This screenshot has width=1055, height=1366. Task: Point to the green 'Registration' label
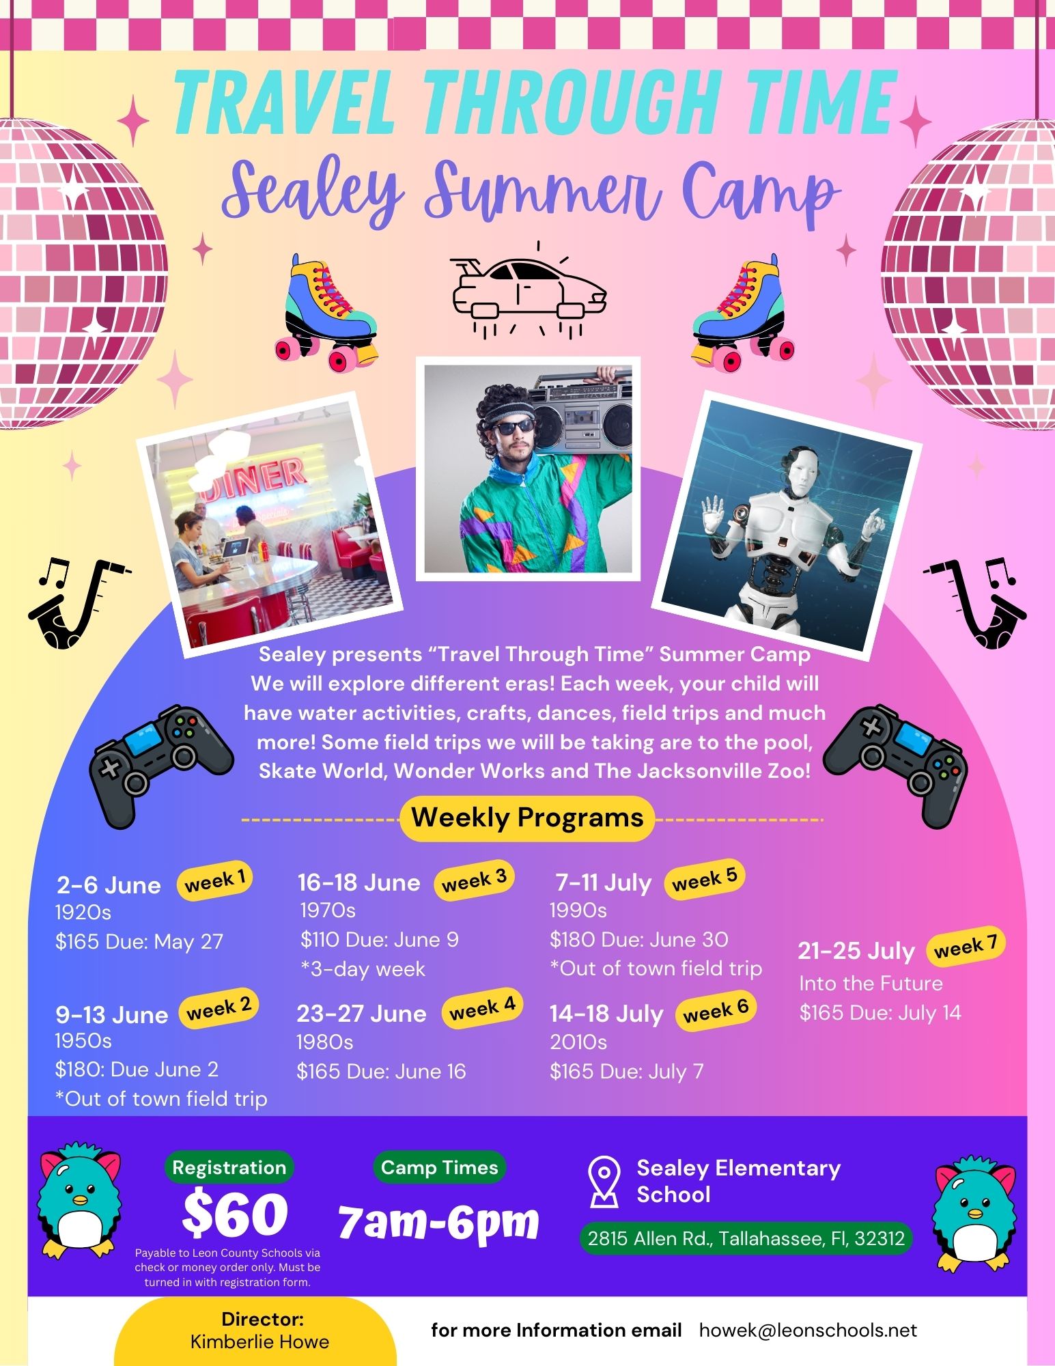229,1167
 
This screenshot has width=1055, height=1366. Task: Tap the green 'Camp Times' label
440,1167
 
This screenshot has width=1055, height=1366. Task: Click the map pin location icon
604,1181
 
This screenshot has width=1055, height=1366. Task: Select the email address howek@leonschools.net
808,1330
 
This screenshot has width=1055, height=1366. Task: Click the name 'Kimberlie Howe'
259,1342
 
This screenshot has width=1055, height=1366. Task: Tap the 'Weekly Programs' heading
527,818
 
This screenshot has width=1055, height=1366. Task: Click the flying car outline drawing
529,290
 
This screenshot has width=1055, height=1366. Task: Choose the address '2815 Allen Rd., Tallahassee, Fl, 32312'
746,1238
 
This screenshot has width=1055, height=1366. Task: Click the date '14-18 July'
606,1014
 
